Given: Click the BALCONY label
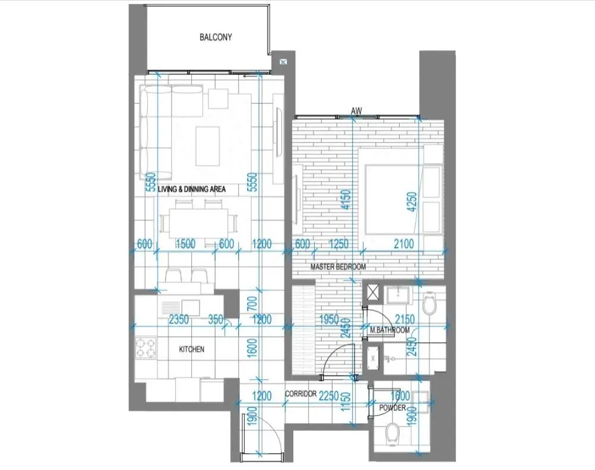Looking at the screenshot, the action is [x=216, y=37].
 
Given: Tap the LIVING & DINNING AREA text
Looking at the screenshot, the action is [x=192, y=189].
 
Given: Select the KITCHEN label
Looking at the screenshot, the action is [x=192, y=350].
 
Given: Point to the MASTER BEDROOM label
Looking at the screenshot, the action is [x=338, y=266].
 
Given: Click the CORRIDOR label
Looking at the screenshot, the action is [x=301, y=394].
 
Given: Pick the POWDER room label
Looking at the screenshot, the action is [x=393, y=408].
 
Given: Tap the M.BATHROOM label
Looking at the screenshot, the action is [x=390, y=330].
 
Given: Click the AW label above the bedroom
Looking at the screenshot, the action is [x=356, y=111].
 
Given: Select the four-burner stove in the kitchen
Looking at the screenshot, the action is [x=146, y=348].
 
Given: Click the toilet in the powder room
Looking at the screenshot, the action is [x=391, y=435].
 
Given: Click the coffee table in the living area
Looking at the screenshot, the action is [x=208, y=147].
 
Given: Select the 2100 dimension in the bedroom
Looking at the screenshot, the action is [x=404, y=243].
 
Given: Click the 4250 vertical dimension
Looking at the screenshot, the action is [x=412, y=202].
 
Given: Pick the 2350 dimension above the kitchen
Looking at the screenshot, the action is [x=179, y=319].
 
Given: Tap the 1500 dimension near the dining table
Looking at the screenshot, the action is [x=185, y=243].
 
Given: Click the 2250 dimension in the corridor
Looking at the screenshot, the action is [x=328, y=396].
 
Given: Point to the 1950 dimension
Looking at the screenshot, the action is [x=329, y=319].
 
